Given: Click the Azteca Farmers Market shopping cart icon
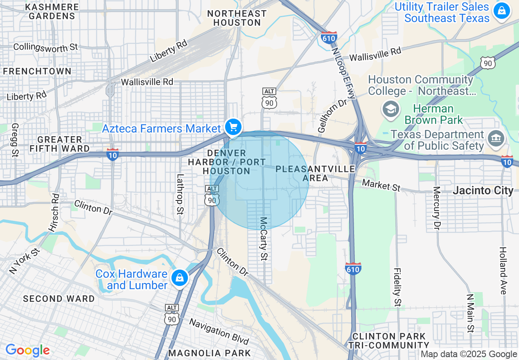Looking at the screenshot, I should (x=233, y=127).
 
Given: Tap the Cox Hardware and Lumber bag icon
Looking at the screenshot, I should (x=179, y=278).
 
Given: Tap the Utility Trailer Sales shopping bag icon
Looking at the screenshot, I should (x=501, y=11).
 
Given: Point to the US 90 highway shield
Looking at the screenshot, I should (x=488, y=63).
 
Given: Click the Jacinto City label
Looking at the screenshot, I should (x=483, y=191).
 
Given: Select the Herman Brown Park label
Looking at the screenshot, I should (x=433, y=115).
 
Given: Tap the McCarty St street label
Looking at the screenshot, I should (x=264, y=239).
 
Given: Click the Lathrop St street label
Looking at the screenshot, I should (x=180, y=194).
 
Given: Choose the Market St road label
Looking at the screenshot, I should (x=381, y=185).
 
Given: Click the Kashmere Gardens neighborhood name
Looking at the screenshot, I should (x=52, y=12).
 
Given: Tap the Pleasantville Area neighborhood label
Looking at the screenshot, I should (x=315, y=173).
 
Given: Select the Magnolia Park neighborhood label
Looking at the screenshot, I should (x=210, y=353).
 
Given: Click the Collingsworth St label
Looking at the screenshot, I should (x=45, y=47).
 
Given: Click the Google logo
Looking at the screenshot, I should (x=27, y=351).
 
